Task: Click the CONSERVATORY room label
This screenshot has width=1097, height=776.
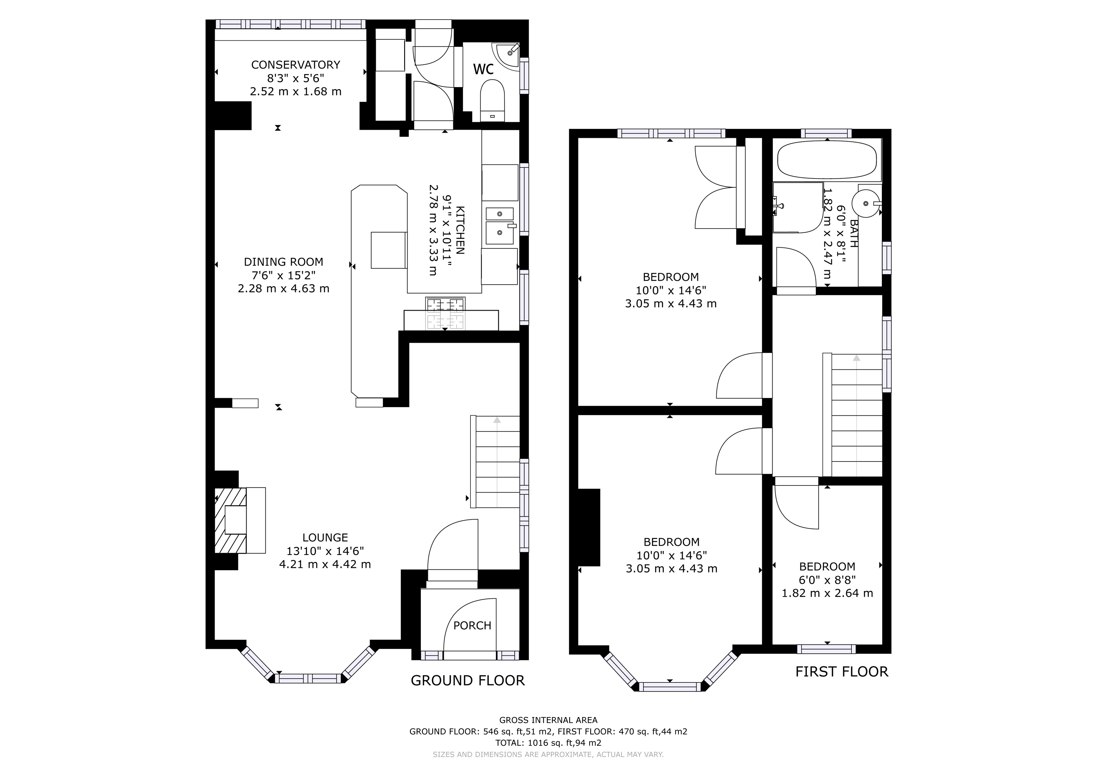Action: (x=295, y=64)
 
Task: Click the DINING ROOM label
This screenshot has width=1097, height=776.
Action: (x=283, y=262)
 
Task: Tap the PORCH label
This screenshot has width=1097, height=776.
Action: (x=472, y=625)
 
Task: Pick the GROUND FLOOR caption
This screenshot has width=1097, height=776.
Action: (x=467, y=681)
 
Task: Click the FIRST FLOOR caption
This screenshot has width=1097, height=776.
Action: (x=841, y=672)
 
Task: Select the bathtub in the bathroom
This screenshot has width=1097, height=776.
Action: (x=827, y=160)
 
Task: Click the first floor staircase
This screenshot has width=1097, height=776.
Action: (x=856, y=415)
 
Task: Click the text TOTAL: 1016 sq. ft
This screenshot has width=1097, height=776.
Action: (x=548, y=743)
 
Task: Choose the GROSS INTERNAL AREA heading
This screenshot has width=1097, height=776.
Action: (x=548, y=720)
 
